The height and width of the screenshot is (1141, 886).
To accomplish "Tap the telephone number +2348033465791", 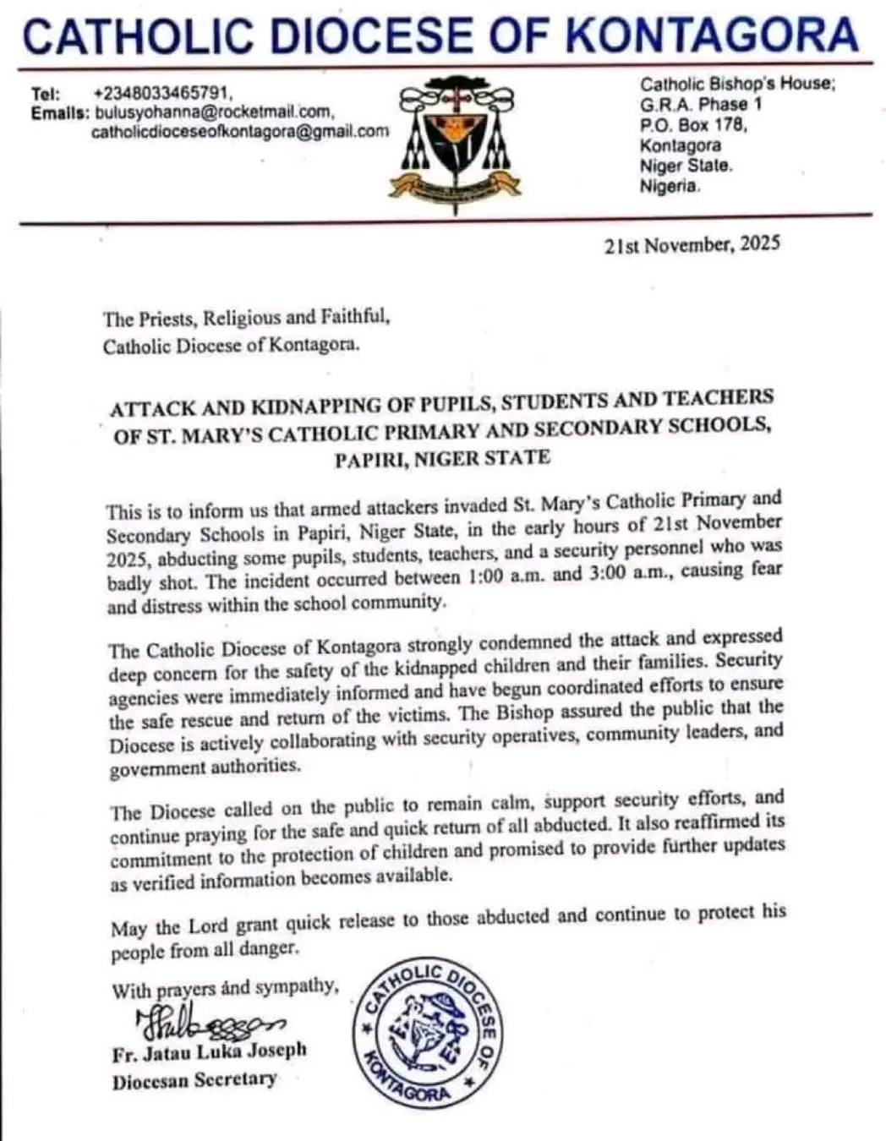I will pyautogui.click(x=162, y=93).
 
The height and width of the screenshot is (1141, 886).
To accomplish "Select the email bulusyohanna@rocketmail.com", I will pyautogui.click(x=214, y=112).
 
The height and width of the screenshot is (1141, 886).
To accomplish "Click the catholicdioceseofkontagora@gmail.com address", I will pyautogui.click(x=240, y=131).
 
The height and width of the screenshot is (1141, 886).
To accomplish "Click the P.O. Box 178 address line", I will pyautogui.click(x=693, y=125).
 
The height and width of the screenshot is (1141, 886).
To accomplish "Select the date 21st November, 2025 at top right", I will pyautogui.click(x=692, y=245).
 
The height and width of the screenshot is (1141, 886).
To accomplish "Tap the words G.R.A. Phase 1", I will pyautogui.click(x=701, y=105).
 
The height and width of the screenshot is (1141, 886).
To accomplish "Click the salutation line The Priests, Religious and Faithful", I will pyautogui.click(x=246, y=319).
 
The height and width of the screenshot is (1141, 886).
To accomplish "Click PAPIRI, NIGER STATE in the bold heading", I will pyautogui.click(x=441, y=459).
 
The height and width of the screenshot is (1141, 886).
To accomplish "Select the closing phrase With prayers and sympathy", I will pyautogui.click(x=225, y=989).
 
